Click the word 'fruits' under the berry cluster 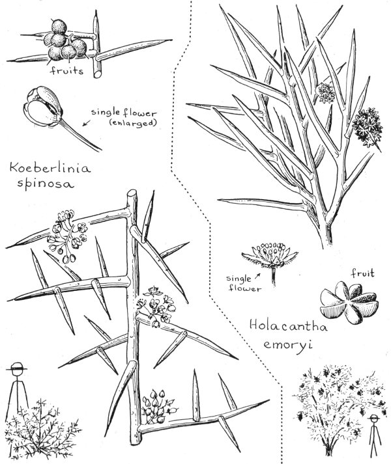tap(66, 71)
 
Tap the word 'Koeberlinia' tap(50, 168)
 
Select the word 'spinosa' tap(46, 184)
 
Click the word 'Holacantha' tap(288, 326)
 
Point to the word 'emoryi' tap(287, 345)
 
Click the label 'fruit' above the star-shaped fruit tap(362, 273)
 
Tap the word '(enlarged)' tap(133, 123)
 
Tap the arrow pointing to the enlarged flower tap(87, 122)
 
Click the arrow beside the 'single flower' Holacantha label tap(257, 276)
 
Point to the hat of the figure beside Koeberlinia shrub tap(16, 367)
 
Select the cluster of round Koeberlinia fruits tap(65, 40)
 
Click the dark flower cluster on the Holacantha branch tap(368, 128)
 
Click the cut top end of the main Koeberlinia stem tap(132, 193)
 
